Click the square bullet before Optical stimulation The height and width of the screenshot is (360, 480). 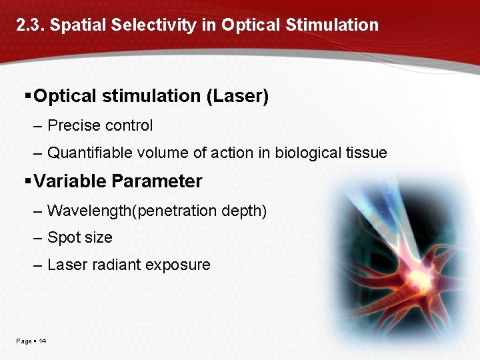(27, 96)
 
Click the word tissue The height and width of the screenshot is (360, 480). (367, 153)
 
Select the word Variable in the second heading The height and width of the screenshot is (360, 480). (70, 181)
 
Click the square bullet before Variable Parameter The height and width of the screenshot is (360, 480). (27, 181)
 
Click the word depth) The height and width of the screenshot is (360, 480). (245, 211)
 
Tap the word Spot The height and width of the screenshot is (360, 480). (62, 238)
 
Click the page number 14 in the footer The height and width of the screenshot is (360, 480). (42, 341)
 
